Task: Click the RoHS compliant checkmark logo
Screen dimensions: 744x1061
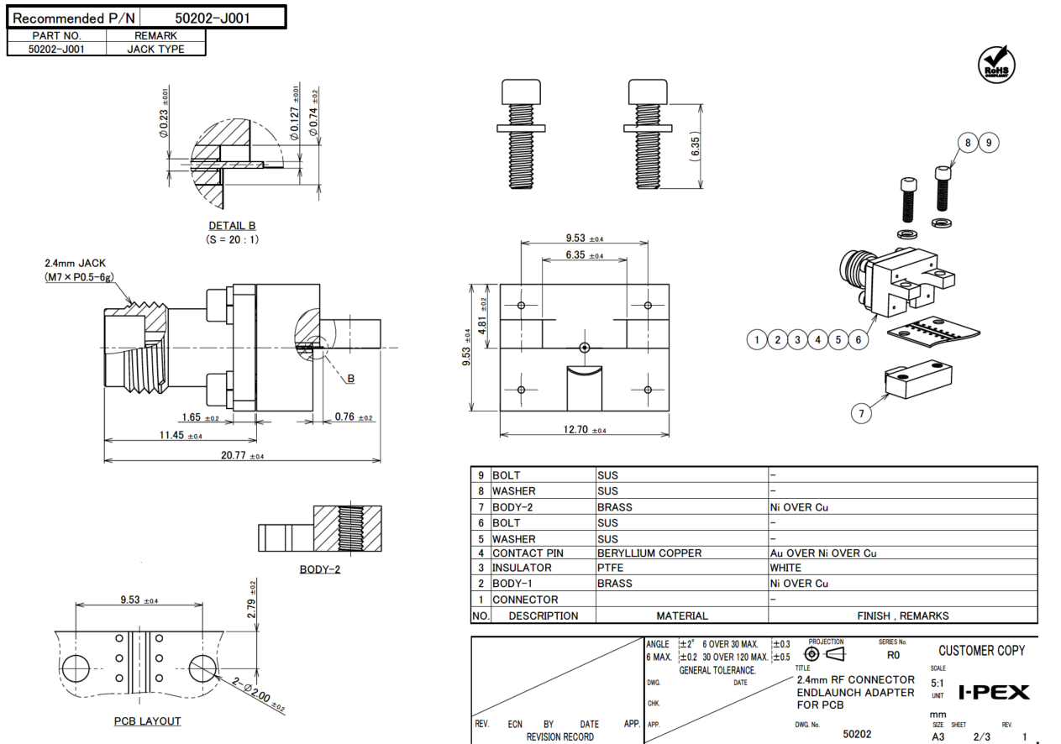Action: pos(996,65)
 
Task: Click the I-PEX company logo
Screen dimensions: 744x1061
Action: pos(994,693)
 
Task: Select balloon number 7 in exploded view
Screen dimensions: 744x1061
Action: pos(859,412)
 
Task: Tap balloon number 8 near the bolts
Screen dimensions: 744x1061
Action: pos(968,143)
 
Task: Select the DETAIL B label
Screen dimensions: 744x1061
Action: pos(232,226)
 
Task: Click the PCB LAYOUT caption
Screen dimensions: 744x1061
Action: pos(148,721)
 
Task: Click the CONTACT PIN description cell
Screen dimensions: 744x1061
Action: pos(528,553)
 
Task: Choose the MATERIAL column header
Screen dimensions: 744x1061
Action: pos(681,616)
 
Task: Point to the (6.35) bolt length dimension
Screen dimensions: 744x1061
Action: pos(695,148)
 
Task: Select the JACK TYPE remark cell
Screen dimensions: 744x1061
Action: pos(155,49)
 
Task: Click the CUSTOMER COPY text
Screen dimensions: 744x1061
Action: pos(982,651)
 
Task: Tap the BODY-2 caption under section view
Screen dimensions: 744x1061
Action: pos(320,569)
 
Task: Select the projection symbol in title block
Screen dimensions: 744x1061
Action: pos(823,654)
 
